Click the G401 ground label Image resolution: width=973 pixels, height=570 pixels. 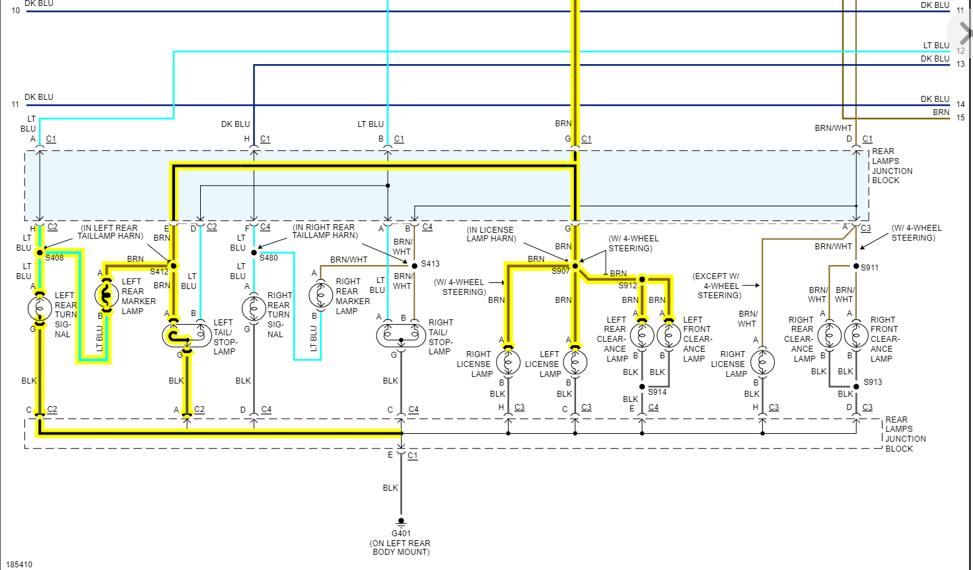(x=401, y=534)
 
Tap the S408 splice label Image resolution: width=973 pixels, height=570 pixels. (x=55, y=258)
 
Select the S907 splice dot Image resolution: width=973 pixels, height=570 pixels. (x=575, y=266)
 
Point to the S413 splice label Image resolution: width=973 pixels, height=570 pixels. (x=430, y=264)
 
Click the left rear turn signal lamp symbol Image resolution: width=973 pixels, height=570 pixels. (x=40, y=309)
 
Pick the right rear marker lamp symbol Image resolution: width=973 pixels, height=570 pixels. (x=321, y=296)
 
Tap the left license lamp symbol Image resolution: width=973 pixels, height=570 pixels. (x=575, y=362)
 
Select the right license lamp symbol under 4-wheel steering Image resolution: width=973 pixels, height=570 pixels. (x=509, y=362)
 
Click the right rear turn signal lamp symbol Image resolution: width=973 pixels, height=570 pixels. (x=254, y=309)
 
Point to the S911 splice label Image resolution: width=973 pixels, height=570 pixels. (x=870, y=268)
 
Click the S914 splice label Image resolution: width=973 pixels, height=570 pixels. (x=657, y=392)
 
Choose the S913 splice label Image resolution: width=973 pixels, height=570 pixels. (x=873, y=382)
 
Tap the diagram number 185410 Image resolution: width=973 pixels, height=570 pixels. (x=19, y=565)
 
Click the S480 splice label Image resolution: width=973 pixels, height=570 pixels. (x=269, y=258)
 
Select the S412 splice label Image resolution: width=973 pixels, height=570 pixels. (x=159, y=272)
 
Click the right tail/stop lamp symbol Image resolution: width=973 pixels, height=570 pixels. (x=401, y=335)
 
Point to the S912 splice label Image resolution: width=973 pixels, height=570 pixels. (x=628, y=286)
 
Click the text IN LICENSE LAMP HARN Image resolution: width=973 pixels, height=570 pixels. (x=491, y=234)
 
